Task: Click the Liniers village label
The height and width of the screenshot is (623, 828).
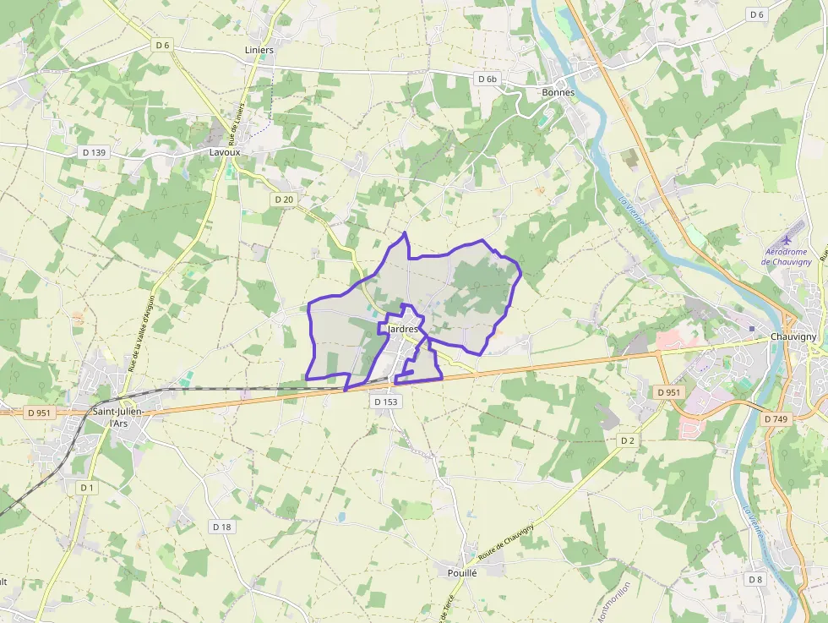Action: point(259,50)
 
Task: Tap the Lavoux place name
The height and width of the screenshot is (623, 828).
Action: point(225,152)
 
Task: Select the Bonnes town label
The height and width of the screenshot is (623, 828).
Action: point(558,92)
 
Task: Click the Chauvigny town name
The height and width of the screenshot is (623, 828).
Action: point(793,336)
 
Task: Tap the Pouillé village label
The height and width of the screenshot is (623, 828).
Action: point(462,572)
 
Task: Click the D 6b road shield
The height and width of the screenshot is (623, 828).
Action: point(488,79)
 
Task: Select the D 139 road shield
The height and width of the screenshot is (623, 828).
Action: point(95,152)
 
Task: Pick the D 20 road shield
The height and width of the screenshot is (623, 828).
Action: point(284,199)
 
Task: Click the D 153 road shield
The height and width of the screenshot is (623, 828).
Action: point(384,402)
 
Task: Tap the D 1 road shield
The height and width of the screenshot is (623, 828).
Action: point(87,488)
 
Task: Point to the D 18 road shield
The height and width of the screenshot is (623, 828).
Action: point(221,527)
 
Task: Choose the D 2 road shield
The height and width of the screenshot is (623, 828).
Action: point(626,440)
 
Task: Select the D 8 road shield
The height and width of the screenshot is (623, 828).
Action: point(755,579)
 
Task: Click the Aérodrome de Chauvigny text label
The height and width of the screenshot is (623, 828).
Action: point(787,256)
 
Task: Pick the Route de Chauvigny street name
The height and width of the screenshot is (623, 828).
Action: point(505,543)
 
